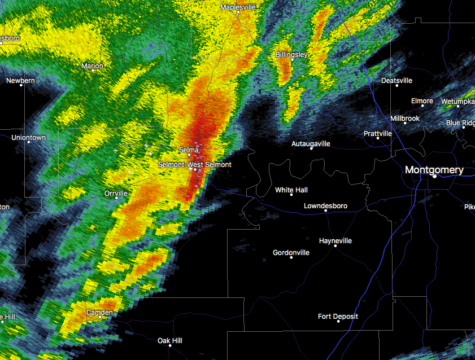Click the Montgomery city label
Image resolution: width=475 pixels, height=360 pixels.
[x=434, y=169]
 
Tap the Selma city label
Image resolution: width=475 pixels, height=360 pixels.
[x=189, y=150]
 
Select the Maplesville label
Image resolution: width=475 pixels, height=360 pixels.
[x=238, y=7]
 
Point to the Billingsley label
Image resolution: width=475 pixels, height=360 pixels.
[x=291, y=54]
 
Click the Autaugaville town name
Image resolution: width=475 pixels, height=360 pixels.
[x=311, y=144]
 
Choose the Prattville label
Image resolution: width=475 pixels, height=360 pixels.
[x=378, y=134]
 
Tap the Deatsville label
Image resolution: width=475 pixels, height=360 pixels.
[x=397, y=80]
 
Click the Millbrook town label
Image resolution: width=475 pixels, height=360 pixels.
[x=406, y=118]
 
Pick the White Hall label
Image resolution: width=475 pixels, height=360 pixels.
[x=291, y=190]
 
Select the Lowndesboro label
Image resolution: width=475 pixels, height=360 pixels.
[x=325, y=206]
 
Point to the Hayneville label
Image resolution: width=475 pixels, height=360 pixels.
[x=335, y=241]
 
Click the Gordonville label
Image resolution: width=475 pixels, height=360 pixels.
[x=291, y=253]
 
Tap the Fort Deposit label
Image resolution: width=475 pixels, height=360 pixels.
[x=338, y=317]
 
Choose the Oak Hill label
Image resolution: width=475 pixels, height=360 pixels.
[x=170, y=340]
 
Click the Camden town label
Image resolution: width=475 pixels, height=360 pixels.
[x=99, y=312]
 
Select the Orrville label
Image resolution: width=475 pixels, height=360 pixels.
[x=116, y=193]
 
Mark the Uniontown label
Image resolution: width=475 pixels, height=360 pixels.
[x=28, y=138]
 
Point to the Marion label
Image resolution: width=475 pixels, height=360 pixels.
[x=93, y=66]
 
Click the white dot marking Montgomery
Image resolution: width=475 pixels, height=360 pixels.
[x=435, y=177]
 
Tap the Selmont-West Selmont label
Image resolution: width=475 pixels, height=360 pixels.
[x=194, y=164]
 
